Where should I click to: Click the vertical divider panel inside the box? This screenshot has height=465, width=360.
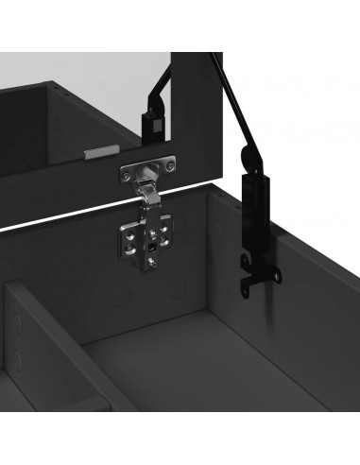[28, 359]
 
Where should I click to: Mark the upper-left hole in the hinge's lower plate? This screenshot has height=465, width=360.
[132, 228]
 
